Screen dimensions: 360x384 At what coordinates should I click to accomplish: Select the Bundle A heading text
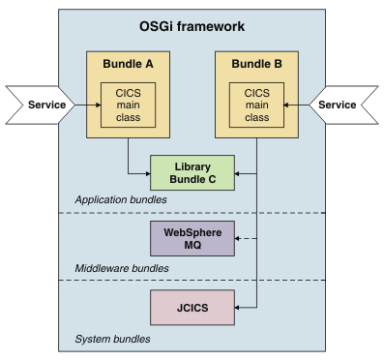tap(129, 64)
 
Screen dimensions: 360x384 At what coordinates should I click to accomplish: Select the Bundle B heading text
tap(257, 64)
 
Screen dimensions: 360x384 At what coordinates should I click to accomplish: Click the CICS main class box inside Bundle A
tap(128, 105)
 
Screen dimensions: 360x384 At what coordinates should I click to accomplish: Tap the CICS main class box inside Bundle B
tap(256, 105)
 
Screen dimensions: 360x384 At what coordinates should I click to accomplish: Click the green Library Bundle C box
tap(192, 173)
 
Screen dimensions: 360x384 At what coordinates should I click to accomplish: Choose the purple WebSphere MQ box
tap(192, 238)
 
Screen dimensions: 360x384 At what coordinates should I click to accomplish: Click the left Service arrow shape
tap(38, 105)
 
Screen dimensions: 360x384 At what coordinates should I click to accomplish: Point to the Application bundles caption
tap(121, 200)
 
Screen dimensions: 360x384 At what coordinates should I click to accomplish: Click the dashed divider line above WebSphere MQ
tap(97, 213)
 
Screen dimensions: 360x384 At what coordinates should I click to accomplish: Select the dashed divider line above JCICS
tap(97, 281)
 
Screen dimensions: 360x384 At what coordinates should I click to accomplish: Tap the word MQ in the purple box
tap(192, 245)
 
